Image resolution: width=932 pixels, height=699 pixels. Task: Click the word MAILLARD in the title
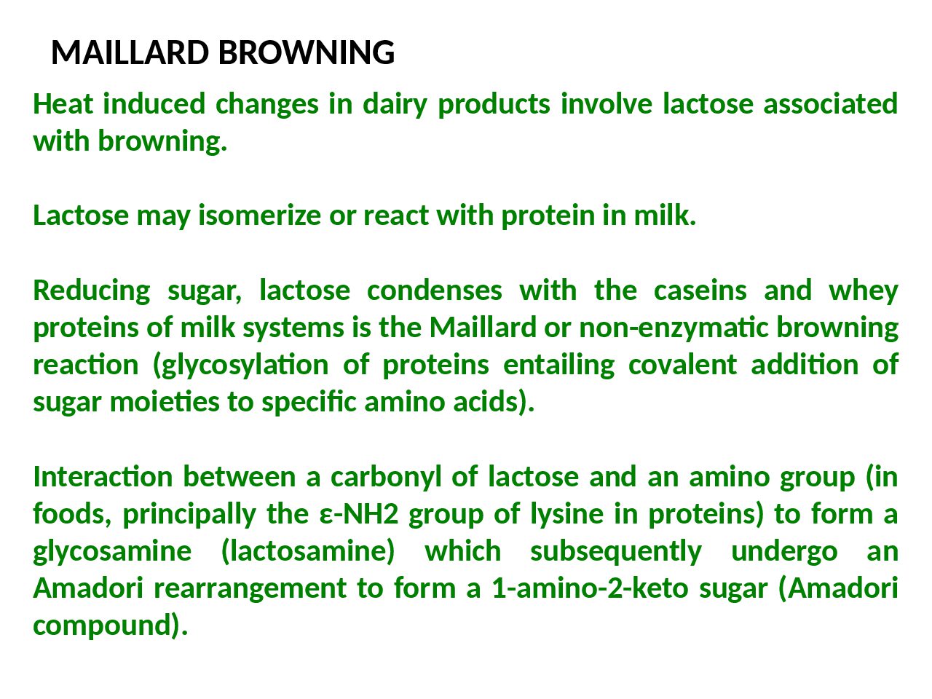pos(130,52)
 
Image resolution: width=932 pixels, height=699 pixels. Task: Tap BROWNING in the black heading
pos(307,52)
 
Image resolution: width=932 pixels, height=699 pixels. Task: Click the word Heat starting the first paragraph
pos(63,104)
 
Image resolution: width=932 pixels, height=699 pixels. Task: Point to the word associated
pos(831,104)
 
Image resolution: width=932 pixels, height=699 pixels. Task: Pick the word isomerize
pos(260,216)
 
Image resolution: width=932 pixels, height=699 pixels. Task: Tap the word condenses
pos(435,291)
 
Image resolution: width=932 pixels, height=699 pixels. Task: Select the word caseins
pos(700,291)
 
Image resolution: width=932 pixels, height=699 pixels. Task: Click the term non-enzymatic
pos(674,328)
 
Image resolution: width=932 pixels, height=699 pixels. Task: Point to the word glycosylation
pos(241,366)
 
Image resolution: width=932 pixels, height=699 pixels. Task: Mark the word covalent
pos(682,365)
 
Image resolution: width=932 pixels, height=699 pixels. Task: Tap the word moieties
pos(165,402)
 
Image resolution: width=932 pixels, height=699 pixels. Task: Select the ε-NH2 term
pos(358,514)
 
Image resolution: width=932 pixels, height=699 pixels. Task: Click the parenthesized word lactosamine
pos(308,552)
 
